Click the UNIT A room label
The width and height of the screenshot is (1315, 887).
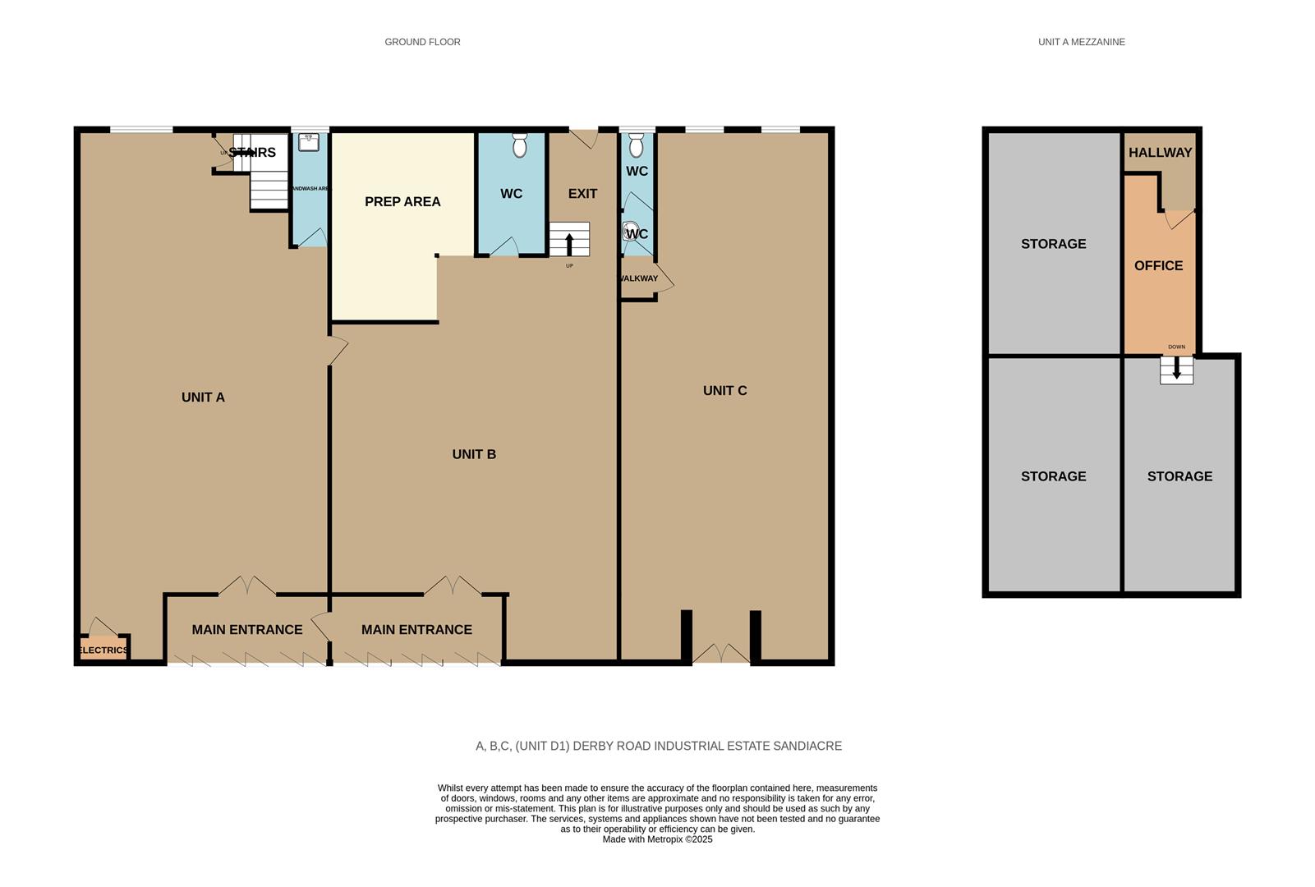[x=203, y=398]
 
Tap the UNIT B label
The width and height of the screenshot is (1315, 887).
[x=474, y=454]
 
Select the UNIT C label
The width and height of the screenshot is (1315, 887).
[x=724, y=391]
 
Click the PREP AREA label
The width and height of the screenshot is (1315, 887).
[x=402, y=202]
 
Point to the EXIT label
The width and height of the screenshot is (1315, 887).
[x=582, y=194]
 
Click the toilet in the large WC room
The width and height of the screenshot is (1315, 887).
[x=519, y=145]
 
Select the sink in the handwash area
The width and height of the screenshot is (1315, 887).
[x=309, y=142]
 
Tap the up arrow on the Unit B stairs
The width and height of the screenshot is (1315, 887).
[x=569, y=243]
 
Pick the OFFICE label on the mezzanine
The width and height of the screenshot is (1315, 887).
[x=1158, y=266]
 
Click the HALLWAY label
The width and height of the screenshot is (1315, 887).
[x=1160, y=153]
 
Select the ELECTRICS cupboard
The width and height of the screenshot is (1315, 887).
[x=103, y=649]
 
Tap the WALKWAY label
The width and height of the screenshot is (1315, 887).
[x=638, y=278]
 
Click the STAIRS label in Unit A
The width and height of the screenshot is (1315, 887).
[x=251, y=153]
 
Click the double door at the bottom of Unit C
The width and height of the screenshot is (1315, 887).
[x=721, y=654]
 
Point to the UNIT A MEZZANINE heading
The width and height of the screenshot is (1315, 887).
[x=1081, y=42]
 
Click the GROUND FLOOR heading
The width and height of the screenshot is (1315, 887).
[x=422, y=42]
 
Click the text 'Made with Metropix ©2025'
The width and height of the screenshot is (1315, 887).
[x=657, y=839]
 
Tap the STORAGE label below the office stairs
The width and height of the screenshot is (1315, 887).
[x=1179, y=476]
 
